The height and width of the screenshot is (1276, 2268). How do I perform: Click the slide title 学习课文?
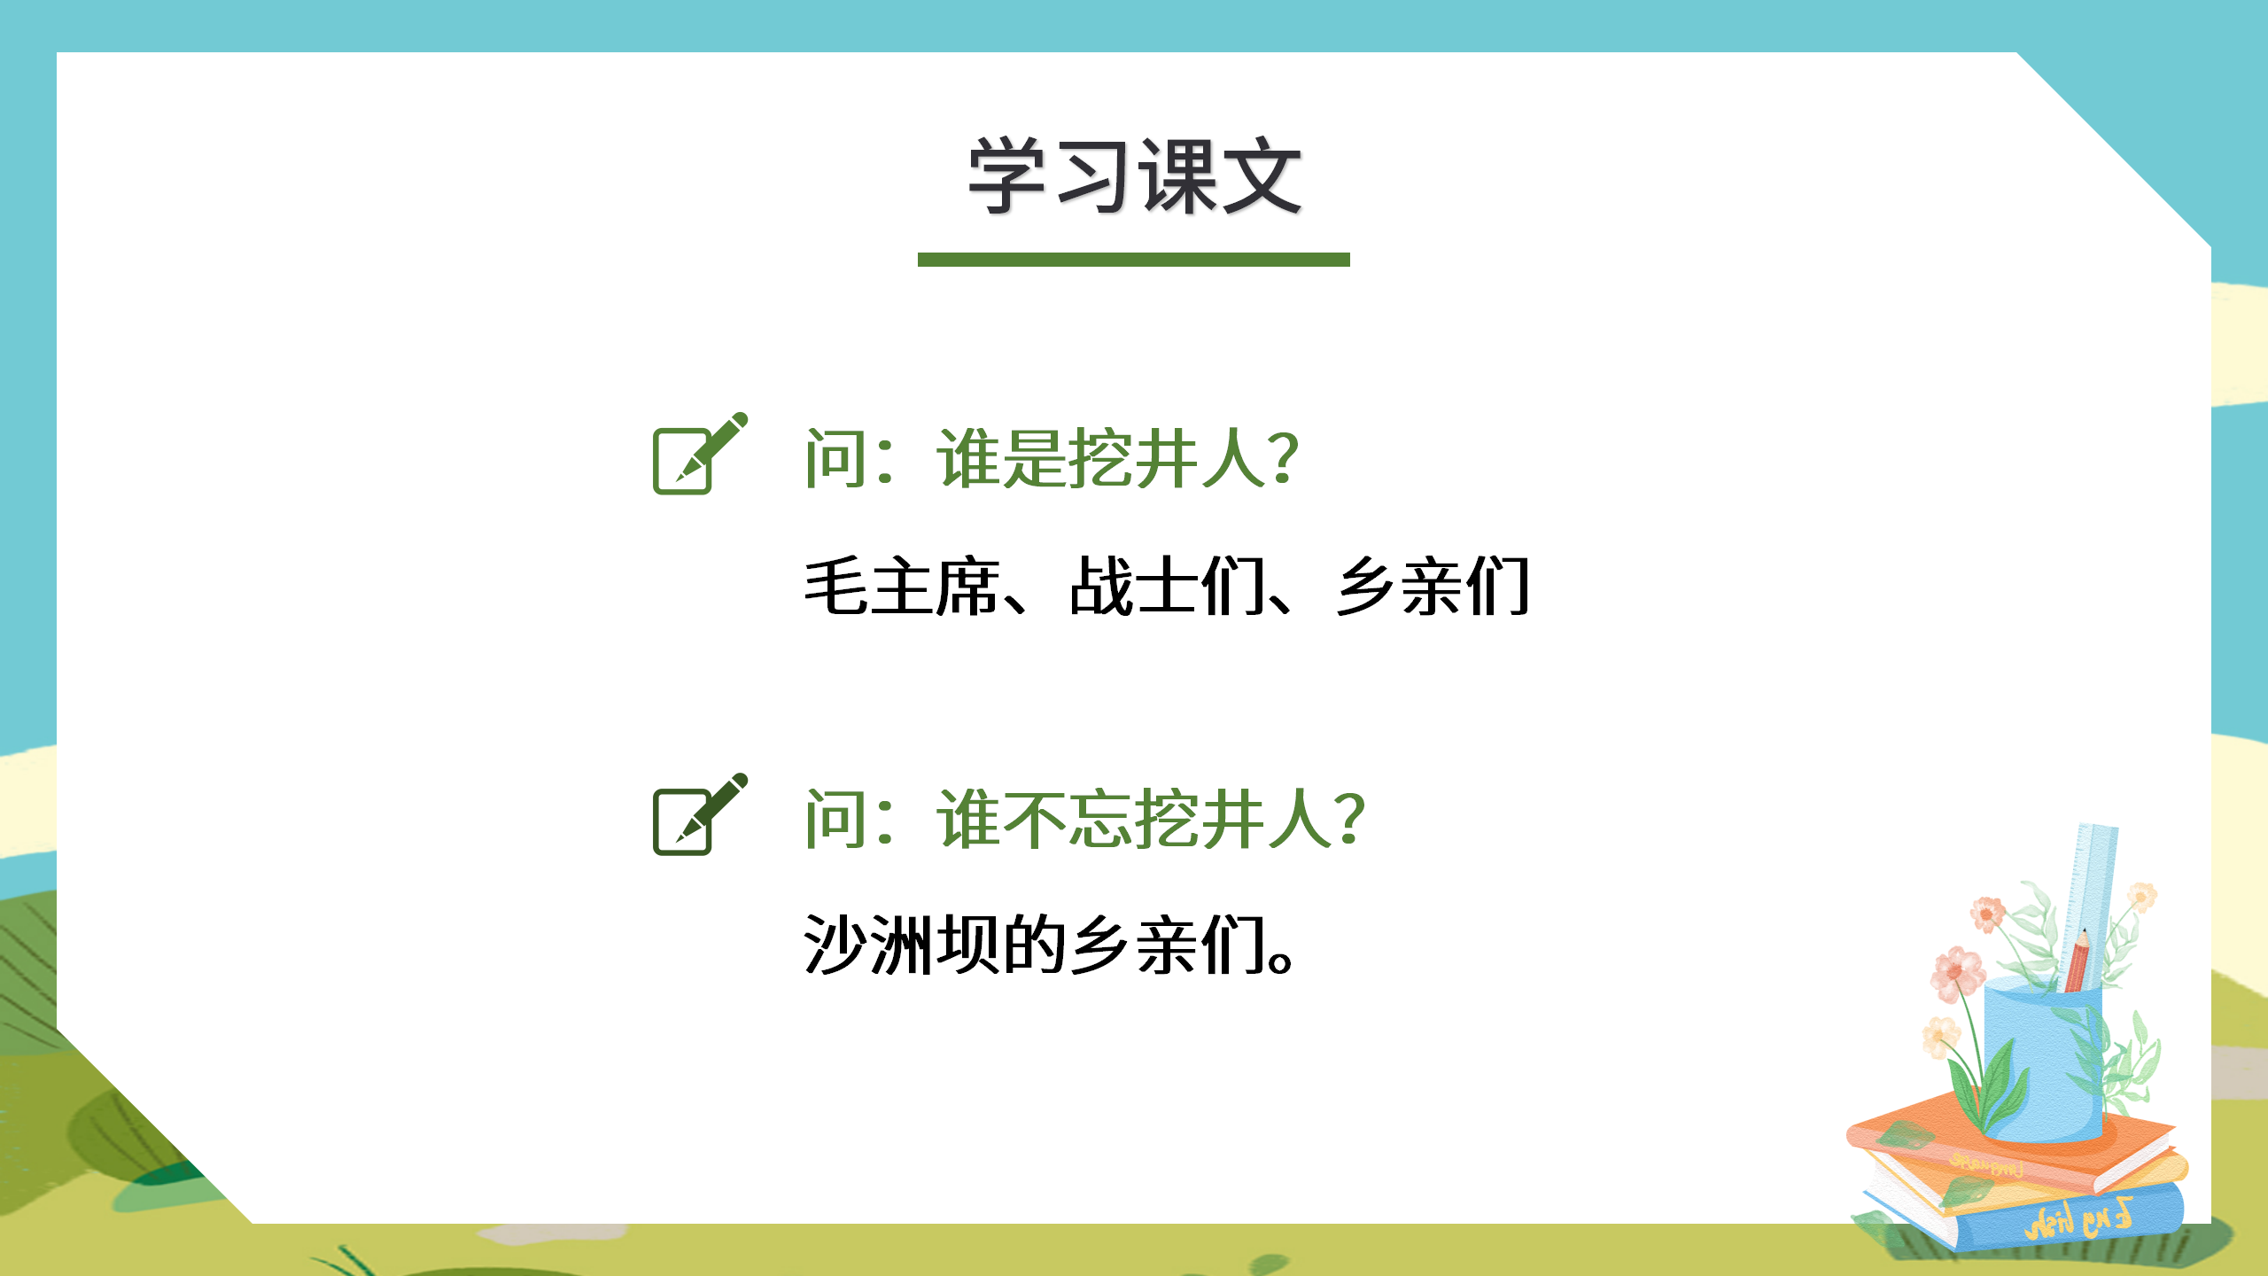(1134, 177)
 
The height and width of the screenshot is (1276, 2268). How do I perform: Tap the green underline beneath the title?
(1134, 260)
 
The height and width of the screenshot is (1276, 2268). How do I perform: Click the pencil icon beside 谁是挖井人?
(698, 454)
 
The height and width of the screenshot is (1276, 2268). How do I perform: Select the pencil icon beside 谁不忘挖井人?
(698, 814)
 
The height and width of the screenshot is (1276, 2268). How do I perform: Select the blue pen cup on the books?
(2043, 1063)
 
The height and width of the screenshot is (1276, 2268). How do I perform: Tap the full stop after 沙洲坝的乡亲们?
(1281, 961)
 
